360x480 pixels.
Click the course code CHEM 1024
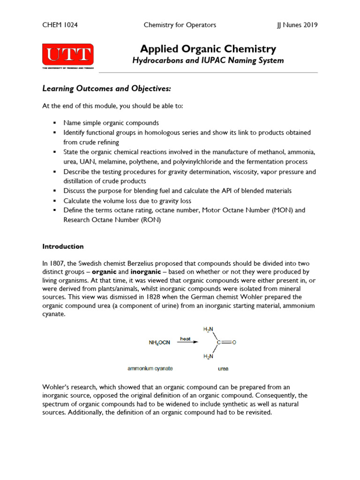[x=60, y=25]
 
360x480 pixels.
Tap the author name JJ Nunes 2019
[x=297, y=25]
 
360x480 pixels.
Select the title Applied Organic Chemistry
[x=208, y=49]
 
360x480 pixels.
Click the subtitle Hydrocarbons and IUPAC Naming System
[x=208, y=60]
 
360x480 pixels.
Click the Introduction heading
[x=63, y=246]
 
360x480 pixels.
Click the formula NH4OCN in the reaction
[x=159, y=343]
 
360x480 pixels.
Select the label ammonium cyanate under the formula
[x=150, y=368]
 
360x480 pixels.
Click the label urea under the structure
[x=223, y=369]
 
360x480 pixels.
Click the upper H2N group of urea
[x=208, y=329]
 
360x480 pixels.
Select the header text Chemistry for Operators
[x=180, y=25]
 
